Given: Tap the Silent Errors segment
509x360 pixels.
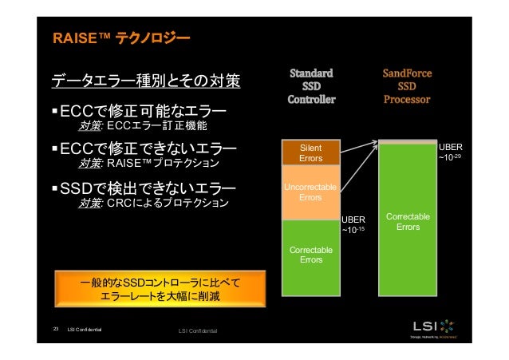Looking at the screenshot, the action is click(310, 153).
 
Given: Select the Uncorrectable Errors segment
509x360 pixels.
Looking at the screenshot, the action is click(310, 192).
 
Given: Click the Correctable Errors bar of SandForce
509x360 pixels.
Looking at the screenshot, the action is click(408, 222).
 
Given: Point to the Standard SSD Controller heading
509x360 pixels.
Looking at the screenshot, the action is click(311, 87).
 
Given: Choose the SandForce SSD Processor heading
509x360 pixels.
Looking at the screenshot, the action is click(408, 87).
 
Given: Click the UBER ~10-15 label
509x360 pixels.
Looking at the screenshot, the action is click(353, 225).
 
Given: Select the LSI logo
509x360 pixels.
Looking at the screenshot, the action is click(436, 327).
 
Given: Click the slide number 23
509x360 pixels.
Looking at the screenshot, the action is click(56, 328).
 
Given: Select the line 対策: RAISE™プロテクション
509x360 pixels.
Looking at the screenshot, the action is click(148, 165).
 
